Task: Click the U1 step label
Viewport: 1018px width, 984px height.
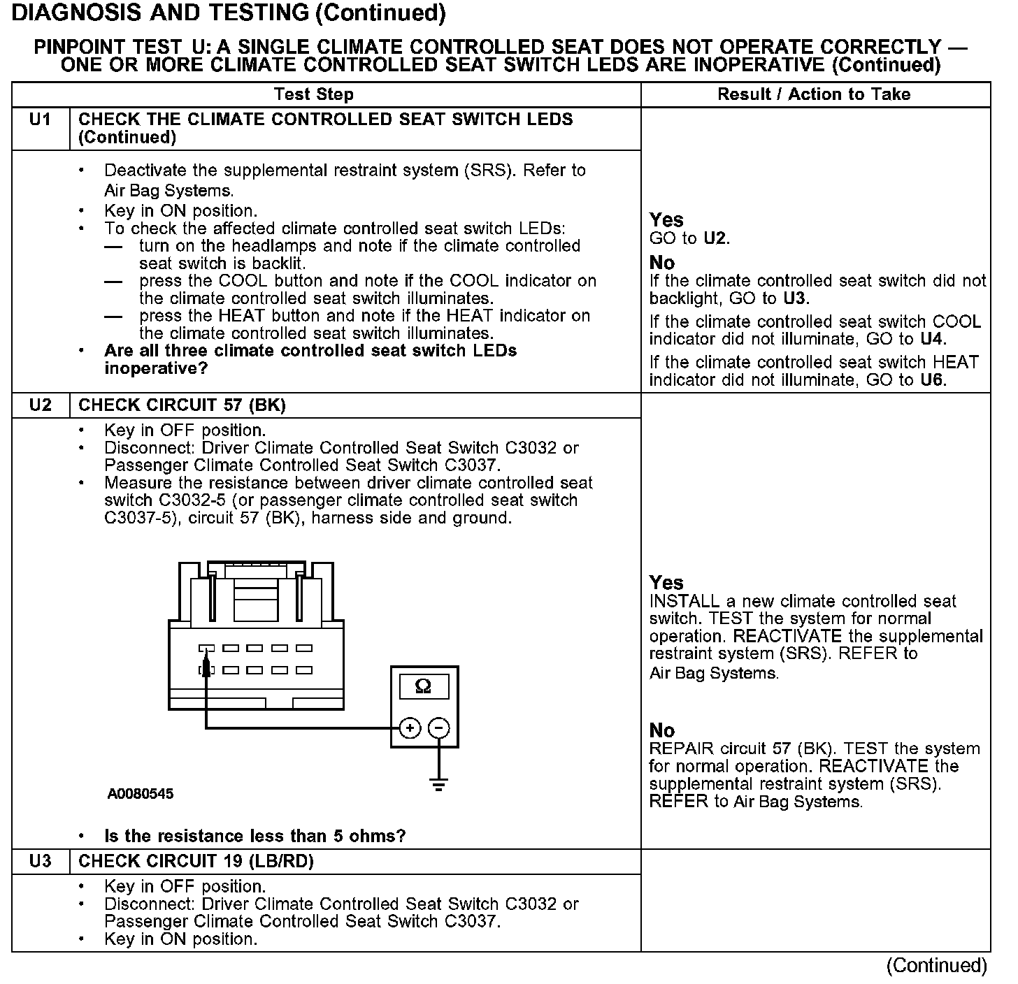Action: (x=41, y=120)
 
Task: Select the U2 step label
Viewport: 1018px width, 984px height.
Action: (x=41, y=405)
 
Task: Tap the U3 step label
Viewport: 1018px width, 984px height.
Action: (x=41, y=862)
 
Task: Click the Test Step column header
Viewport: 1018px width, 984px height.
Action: (x=314, y=94)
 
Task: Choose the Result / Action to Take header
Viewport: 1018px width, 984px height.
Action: (x=815, y=94)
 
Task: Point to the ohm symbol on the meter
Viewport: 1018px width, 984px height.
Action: (x=424, y=687)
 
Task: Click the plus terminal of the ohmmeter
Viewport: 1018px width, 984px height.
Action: (x=410, y=728)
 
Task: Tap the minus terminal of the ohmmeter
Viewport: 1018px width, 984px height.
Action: (x=438, y=728)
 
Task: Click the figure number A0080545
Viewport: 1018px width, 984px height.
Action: (x=141, y=794)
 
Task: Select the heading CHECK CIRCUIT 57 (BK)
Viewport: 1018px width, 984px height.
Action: (x=182, y=405)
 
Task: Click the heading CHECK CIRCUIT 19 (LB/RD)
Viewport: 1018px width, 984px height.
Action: (x=196, y=862)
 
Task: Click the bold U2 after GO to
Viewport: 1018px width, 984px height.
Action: (x=716, y=238)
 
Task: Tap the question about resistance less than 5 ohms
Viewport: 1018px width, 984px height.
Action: (x=255, y=836)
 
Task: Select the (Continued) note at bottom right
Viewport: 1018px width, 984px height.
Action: (x=937, y=966)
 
